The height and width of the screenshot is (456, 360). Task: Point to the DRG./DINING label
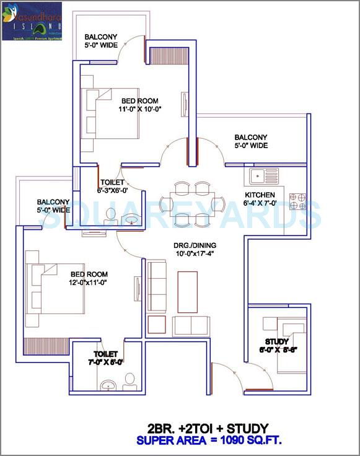point(195,245)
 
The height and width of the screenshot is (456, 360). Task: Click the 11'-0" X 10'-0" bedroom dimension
point(139,109)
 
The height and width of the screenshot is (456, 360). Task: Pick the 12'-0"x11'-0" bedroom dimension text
point(89,283)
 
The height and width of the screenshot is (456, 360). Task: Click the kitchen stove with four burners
point(297,199)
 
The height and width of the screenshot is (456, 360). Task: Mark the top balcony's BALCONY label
point(102,37)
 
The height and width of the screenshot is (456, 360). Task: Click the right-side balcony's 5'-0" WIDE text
point(251,146)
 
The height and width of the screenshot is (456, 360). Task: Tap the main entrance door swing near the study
point(224,375)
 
